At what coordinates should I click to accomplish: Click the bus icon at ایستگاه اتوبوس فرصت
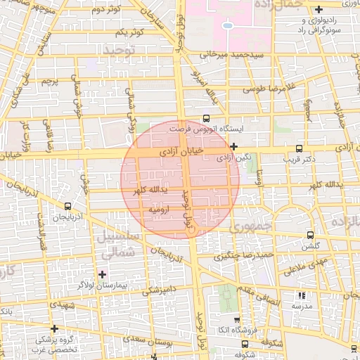pos(206,119)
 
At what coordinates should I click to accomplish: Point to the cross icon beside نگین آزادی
pos(233,147)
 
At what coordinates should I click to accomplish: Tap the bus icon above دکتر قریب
pos(300,148)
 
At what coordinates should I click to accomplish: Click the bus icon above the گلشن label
pos(310,236)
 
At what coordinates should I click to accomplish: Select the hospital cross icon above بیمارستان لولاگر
pos(103,274)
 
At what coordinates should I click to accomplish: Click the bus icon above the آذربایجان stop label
pos(67,206)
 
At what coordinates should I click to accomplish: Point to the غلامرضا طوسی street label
pos(265,89)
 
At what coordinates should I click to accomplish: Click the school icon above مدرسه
pos(302,296)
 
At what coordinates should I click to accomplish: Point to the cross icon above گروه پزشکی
pos(54,328)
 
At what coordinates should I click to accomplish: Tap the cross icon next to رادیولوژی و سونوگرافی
pos(320,9)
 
